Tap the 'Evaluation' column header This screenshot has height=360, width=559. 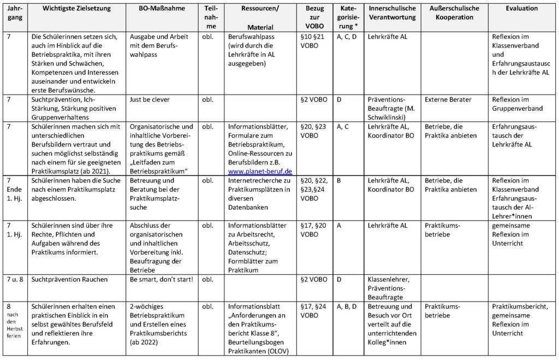(521, 9)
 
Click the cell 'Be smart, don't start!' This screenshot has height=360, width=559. (161, 280)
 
